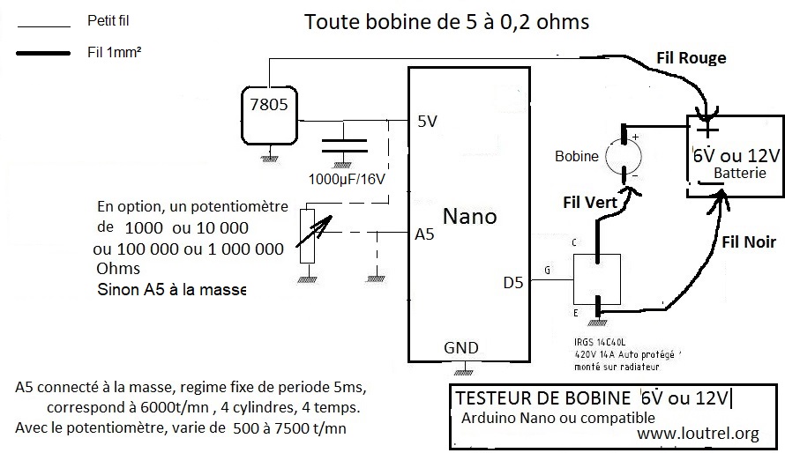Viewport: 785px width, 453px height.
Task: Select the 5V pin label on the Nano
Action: point(427,123)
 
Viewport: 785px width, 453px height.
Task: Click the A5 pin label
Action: point(425,235)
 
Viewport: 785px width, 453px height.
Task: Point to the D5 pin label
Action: point(514,283)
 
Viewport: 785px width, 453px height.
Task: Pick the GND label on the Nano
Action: point(462,347)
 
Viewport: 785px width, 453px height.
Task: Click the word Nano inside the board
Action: point(469,217)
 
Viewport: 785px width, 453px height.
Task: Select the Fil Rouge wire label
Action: point(692,58)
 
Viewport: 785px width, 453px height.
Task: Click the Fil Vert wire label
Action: point(590,201)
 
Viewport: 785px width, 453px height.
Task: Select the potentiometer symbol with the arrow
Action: point(308,234)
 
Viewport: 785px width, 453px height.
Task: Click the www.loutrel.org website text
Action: point(698,433)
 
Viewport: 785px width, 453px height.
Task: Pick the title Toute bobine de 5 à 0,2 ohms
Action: point(447,21)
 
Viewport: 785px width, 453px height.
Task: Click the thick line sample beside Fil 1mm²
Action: point(43,53)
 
